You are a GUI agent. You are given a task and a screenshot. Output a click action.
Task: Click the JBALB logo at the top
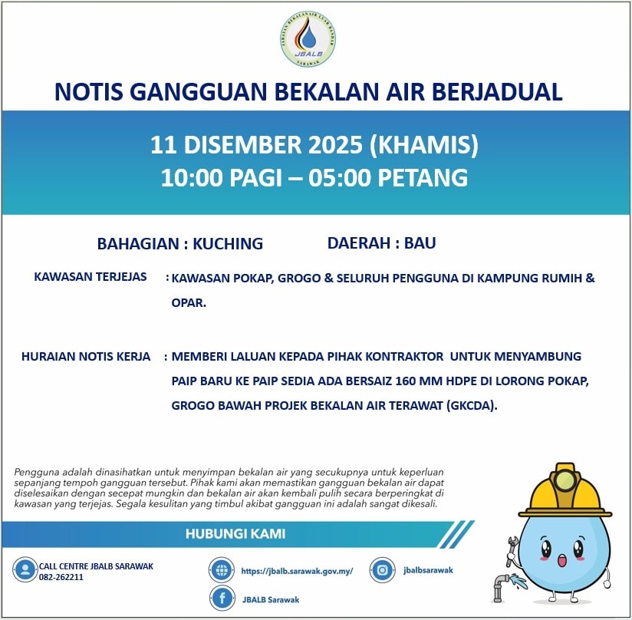308,38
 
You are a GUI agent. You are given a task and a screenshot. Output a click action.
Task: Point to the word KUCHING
228,244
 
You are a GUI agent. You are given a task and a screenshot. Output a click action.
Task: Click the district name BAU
420,243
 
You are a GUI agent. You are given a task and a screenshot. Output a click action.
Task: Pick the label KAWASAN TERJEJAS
91,277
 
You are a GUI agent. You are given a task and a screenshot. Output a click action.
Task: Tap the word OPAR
188,303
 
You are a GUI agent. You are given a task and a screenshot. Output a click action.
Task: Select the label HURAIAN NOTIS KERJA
86,357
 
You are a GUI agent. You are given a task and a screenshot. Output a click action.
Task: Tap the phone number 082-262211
61,577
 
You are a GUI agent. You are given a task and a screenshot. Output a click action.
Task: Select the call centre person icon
25,570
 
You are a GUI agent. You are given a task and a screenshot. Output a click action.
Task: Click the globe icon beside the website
221,570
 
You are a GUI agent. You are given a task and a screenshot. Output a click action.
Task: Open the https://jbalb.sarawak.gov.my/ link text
296,571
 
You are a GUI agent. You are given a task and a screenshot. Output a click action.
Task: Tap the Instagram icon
382,569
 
